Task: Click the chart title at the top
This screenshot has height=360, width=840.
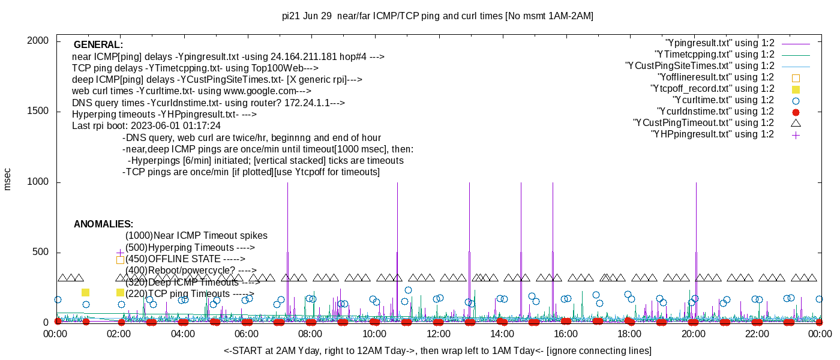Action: coord(437,16)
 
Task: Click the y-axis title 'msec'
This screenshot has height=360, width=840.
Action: coord(8,179)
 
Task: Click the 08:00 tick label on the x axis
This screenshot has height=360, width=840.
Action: coord(310,334)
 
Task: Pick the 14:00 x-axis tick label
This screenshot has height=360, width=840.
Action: coord(502,334)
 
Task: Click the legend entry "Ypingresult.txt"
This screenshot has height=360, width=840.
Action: coord(720,43)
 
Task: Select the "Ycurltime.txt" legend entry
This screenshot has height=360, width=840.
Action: coord(723,100)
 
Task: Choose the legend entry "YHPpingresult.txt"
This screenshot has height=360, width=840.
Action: coord(712,134)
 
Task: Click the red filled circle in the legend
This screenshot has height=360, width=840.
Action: coord(796,112)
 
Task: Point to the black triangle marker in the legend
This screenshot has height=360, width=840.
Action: coord(796,123)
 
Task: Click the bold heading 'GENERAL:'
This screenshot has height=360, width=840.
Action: coord(98,45)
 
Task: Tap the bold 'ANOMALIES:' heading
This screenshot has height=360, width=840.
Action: coord(103,224)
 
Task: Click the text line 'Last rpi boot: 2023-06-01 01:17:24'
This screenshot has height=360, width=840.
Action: coord(146,126)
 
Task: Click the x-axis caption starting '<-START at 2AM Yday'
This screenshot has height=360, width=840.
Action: coord(437,350)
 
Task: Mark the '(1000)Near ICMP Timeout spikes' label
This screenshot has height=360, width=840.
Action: coord(196,236)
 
